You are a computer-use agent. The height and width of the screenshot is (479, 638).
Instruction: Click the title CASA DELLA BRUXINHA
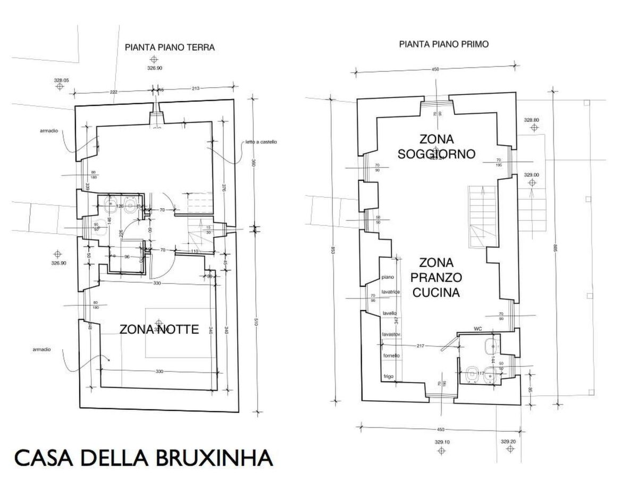[x=144, y=457]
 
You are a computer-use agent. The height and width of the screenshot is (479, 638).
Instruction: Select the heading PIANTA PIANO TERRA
[x=170, y=47]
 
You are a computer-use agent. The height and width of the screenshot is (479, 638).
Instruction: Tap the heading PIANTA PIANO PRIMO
[x=444, y=45]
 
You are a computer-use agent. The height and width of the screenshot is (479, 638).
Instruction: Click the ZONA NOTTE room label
[x=159, y=329]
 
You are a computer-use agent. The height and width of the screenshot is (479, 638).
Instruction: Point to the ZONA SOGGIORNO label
[x=436, y=147]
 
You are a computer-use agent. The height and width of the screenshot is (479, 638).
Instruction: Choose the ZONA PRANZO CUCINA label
[x=436, y=277]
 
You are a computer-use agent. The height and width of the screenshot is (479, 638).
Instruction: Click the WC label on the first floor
[x=477, y=328]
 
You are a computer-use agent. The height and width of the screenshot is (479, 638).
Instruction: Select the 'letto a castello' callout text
[x=262, y=142]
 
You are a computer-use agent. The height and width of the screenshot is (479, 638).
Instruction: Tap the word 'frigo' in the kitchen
[x=388, y=377]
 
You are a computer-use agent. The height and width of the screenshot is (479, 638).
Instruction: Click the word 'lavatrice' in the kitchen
[x=390, y=292]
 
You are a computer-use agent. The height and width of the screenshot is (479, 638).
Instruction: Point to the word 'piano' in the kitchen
[x=388, y=277]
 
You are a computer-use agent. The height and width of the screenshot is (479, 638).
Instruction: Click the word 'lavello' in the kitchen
[x=390, y=313]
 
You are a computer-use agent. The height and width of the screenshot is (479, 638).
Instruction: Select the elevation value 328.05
[x=62, y=80]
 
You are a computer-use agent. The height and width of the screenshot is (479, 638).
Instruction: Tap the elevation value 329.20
[x=508, y=441]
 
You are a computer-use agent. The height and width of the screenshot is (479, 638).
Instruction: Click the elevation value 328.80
[x=531, y=120]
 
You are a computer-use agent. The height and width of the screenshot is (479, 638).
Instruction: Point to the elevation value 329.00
[x=531, y=175]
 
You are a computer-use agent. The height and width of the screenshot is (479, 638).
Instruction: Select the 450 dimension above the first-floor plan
[x=435, y=69]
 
